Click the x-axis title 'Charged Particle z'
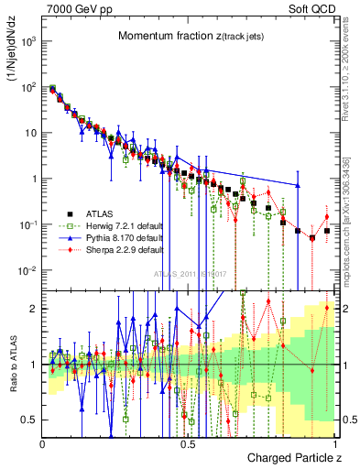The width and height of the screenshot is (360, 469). coord(293,457)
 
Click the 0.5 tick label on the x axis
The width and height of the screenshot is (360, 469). coord(189,442)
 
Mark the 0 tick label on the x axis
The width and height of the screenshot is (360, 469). coord(42,442)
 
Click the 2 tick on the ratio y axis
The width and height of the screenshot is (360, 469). coord(33,309)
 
